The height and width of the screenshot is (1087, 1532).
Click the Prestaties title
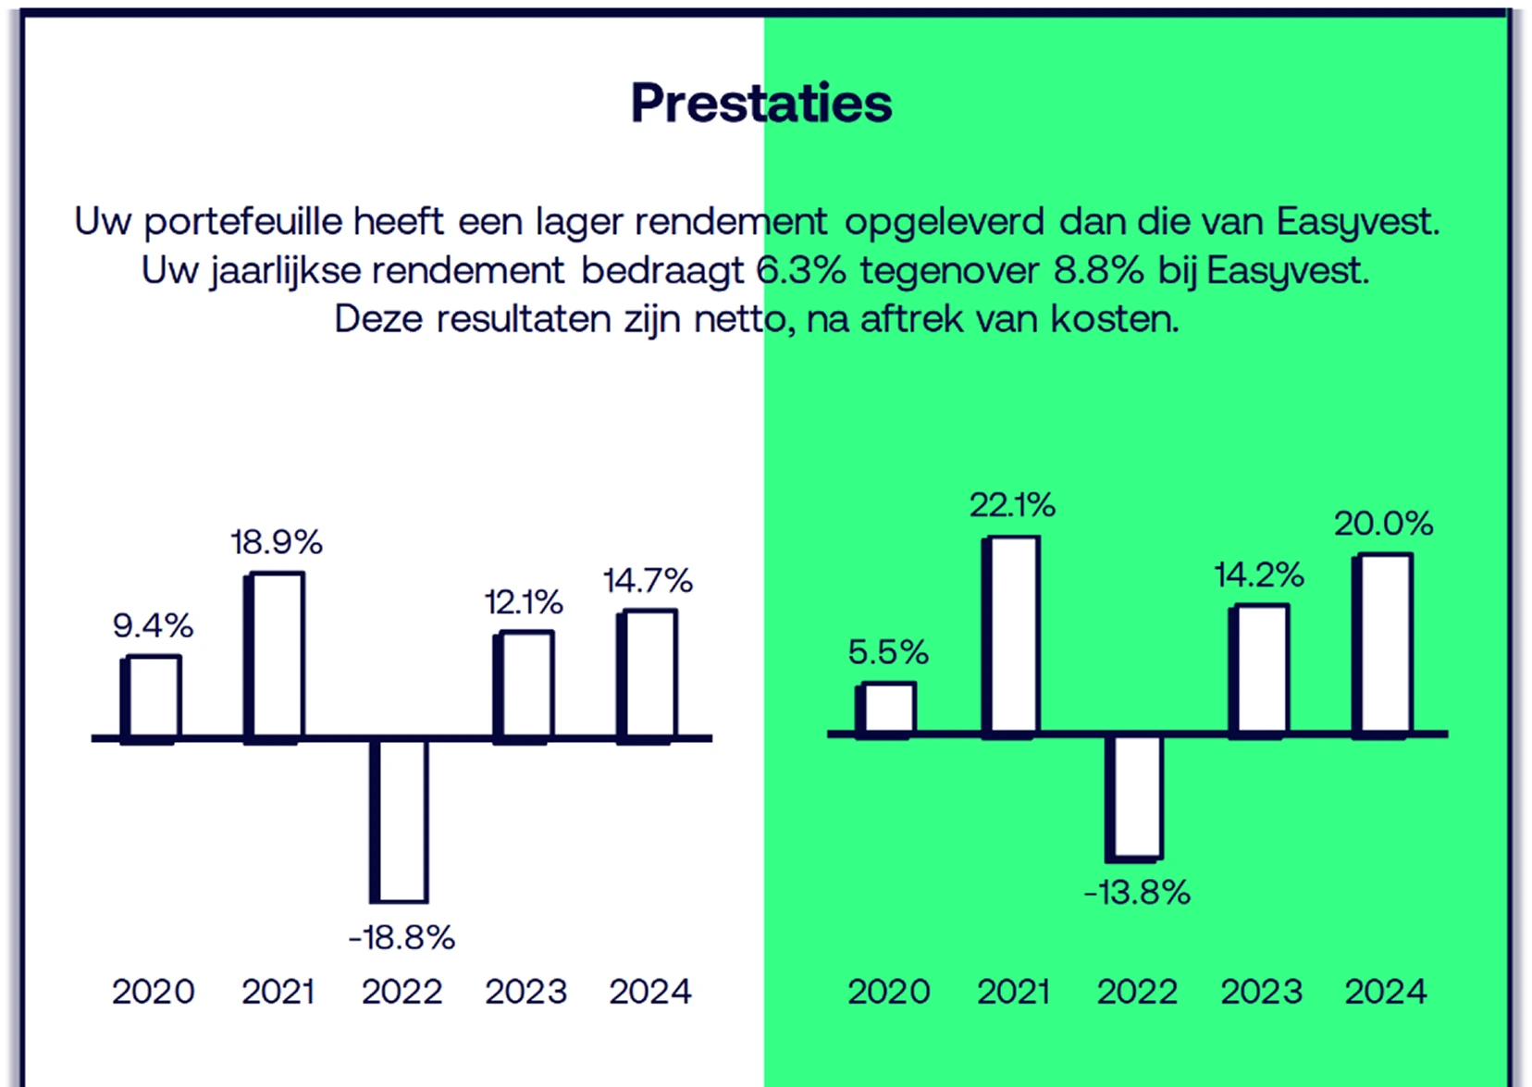click(x=760, y=103)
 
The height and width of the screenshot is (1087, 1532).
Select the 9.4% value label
click(x=153, y=626)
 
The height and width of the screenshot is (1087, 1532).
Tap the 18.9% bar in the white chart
click(x=275, y=657)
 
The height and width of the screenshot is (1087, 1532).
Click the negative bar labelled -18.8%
click(x=400, y=820)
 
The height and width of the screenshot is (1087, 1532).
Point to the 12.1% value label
click(x=524, y=603)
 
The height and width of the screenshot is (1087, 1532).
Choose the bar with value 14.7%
click(x=648, y=674)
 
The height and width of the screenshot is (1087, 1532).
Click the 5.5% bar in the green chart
click(x=886, y=710)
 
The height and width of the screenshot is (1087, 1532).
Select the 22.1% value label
click(x=1012, y=505)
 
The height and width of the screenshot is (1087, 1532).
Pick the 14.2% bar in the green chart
click(x=1259, y=670)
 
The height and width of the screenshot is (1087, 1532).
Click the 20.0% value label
click(x=1383, y=525)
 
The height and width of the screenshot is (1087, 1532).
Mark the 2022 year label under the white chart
click(x=402, y=992)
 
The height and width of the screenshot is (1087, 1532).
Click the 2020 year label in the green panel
click(x=888, y=992)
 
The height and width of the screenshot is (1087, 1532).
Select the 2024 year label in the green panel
click(x=1385, y=992)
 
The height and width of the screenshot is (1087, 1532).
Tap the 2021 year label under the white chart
click(x=278, y=992)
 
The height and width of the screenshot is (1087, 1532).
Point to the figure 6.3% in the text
click(x=801, y=271)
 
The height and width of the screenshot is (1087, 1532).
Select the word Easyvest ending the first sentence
click(x=1356, y=222)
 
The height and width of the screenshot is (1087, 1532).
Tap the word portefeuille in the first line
click(x=243, y=222)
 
